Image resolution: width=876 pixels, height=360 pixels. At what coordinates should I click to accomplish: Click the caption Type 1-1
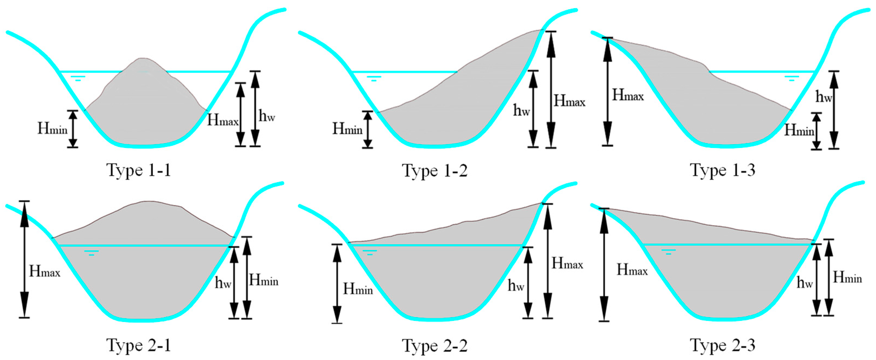139,170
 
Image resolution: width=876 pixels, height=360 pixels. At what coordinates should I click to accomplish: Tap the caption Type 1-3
723,170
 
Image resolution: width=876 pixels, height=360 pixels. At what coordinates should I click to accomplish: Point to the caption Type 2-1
139,345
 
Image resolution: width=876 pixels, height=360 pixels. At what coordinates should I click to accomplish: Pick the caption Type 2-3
723,345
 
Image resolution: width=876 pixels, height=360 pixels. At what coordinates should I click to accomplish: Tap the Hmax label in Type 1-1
223,120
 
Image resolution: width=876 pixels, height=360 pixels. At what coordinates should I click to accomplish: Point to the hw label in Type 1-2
521,110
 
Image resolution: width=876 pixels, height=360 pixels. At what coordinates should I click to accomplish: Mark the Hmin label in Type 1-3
799,130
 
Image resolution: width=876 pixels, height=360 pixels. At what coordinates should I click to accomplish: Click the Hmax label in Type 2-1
45,271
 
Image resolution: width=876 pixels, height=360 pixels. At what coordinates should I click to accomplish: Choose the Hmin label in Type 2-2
358,289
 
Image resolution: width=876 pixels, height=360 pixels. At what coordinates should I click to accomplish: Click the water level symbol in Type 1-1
78,78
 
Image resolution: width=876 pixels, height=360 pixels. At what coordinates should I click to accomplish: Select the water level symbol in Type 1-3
792,78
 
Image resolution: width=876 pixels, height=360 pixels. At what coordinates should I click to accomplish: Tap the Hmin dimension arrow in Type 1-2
368,129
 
